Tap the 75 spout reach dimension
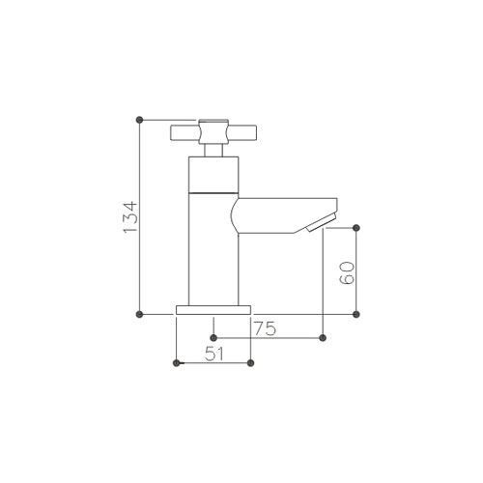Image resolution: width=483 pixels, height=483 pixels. click(266, 328)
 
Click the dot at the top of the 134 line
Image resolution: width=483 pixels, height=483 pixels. click(141, 119)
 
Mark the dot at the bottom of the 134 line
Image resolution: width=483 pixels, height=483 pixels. click(141, 314)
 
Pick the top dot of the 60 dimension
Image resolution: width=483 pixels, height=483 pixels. click(358, 227)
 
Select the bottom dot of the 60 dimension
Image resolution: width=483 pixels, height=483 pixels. click(358, 314)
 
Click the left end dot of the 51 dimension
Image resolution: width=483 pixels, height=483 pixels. click(175, 363)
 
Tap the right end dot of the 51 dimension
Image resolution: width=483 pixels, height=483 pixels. click(250, 363)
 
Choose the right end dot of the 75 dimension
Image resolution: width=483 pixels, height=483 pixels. click(323, 337)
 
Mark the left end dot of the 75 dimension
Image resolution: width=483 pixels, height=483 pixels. click(213, 337)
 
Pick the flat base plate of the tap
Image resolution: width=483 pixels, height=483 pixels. click(213, 309)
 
